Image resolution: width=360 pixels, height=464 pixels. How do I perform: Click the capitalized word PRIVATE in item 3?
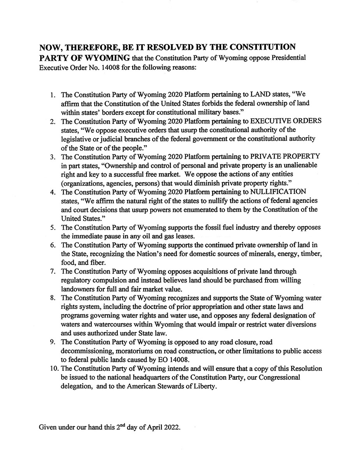(270, 156)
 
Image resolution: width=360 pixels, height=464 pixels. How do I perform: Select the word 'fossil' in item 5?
(213, 228)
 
